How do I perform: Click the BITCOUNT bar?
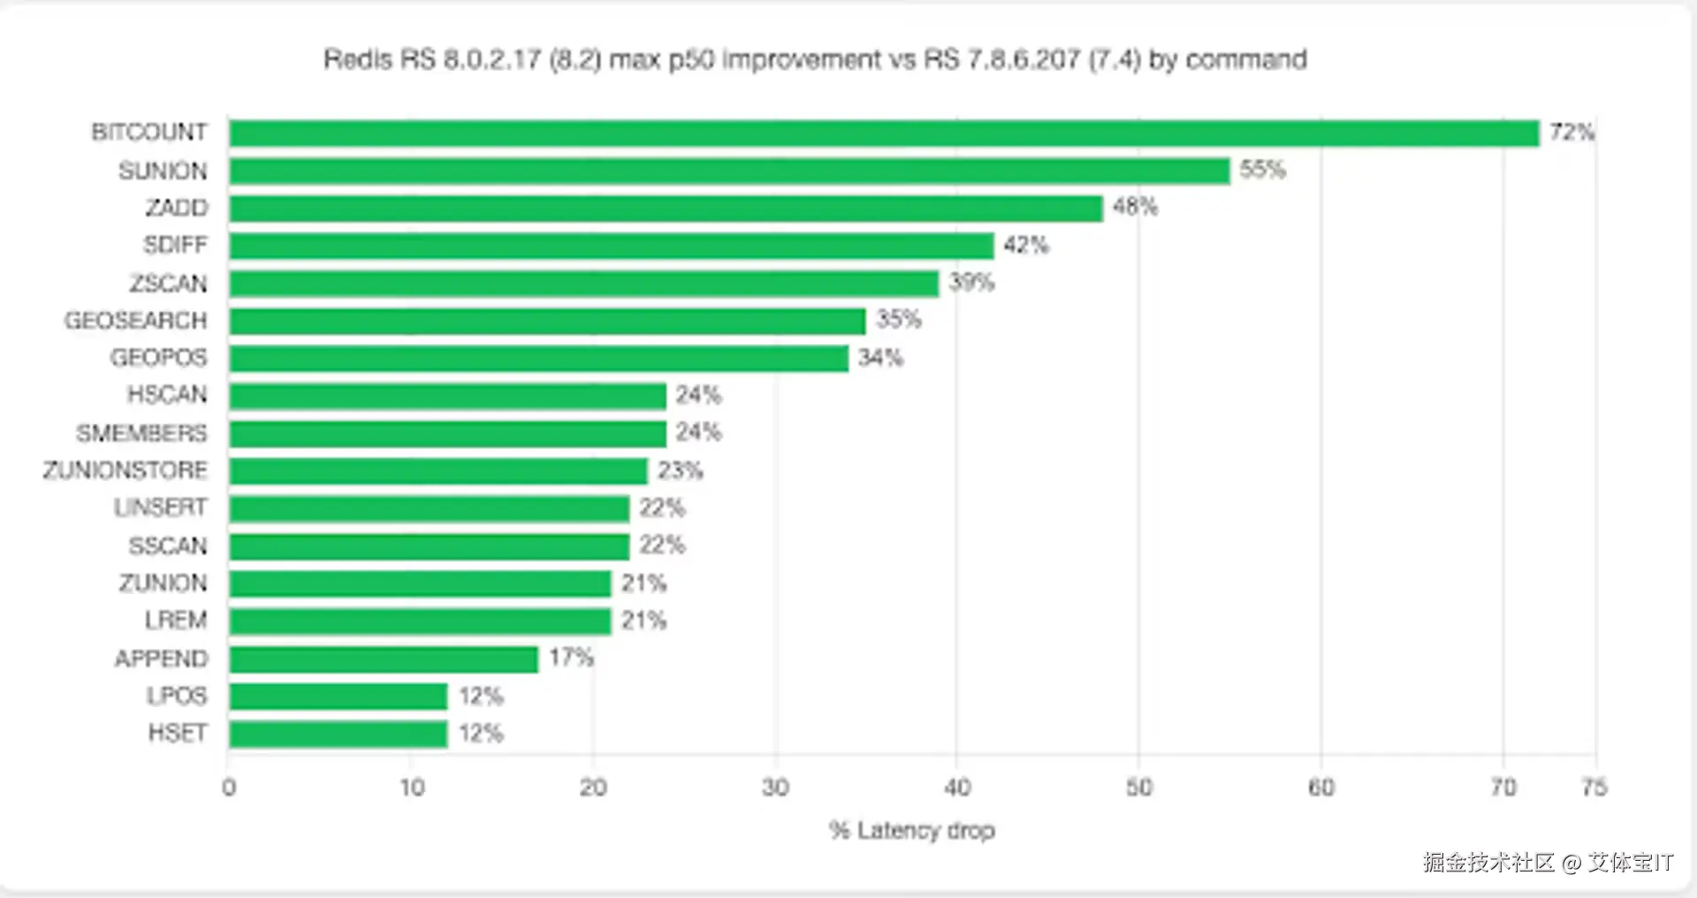pyautogui.click(x=884, y=133)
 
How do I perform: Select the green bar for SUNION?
pyautogui.click(x=729, y=171)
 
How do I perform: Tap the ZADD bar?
pyautogui.click(x=666, y=209)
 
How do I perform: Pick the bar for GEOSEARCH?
pyautogui.click(x=547, y=321)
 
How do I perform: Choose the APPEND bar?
pyautogui.click(x=384, y=659)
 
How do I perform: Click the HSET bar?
pyautogui.click(x=339, y=734)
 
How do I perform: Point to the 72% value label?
pyautogui.click(x=1571, y=133)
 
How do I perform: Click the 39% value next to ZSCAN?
pyautogui.click(x=971, y=283)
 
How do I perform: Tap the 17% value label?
pyautogui.click(x=571, y=658)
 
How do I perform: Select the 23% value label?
pyautogui.click(x=680, y=470)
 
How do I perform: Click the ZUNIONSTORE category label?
pyautogui.click(x=125, y=470)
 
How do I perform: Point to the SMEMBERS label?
pyautogui.click(x=141, y=433)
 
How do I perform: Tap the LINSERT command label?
pyautogui.click(x=160, y=507)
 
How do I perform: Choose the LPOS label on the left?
pyautogui.click(x=177, y=696)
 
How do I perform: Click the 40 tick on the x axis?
pyautogui.click(x=957, y=788)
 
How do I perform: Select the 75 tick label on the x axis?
pyautogui.click(x=1594, y=788)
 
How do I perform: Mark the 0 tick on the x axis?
pyautogui.click(x=229, y=788)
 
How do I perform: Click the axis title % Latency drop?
pyautogui.click(x=911, y=831)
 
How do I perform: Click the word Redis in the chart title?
pyautogui.click(x=357, y=59)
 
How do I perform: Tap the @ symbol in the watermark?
pyautogui.click(x=1571, y=863)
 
